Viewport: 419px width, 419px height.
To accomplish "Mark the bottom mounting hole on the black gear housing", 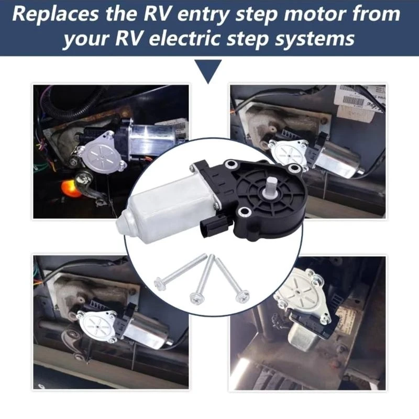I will coord(244,213).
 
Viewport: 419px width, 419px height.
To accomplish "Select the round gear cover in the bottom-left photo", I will coord(96,325).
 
